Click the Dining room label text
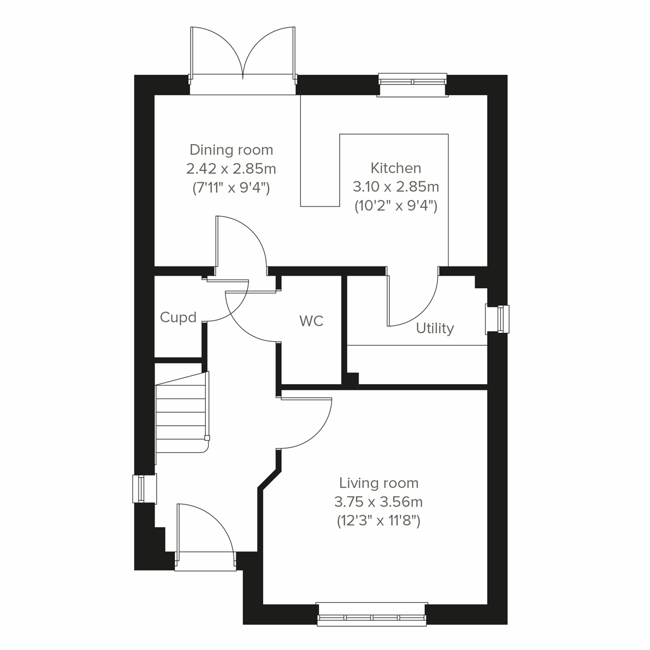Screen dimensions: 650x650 pos(231,149)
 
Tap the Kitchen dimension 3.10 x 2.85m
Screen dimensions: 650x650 pos(396,187)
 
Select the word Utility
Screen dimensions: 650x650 pos(434,328)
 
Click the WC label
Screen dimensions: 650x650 pos(311,321)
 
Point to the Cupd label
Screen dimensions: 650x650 pos(178,317)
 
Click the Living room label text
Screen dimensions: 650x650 pos(379,483)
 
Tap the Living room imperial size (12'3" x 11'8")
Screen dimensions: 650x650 pos(379,521)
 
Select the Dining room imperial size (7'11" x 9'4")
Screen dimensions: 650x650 pos(231,188)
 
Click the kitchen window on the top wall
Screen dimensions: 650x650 pos(413,82)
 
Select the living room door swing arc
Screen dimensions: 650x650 pos(306,422)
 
